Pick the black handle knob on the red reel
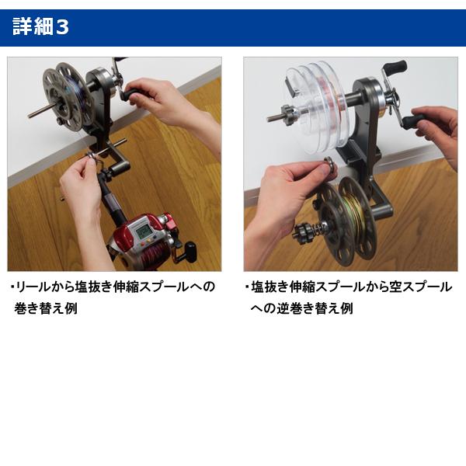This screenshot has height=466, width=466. coord(190,251)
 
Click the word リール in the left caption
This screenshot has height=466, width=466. coord(36,287)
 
